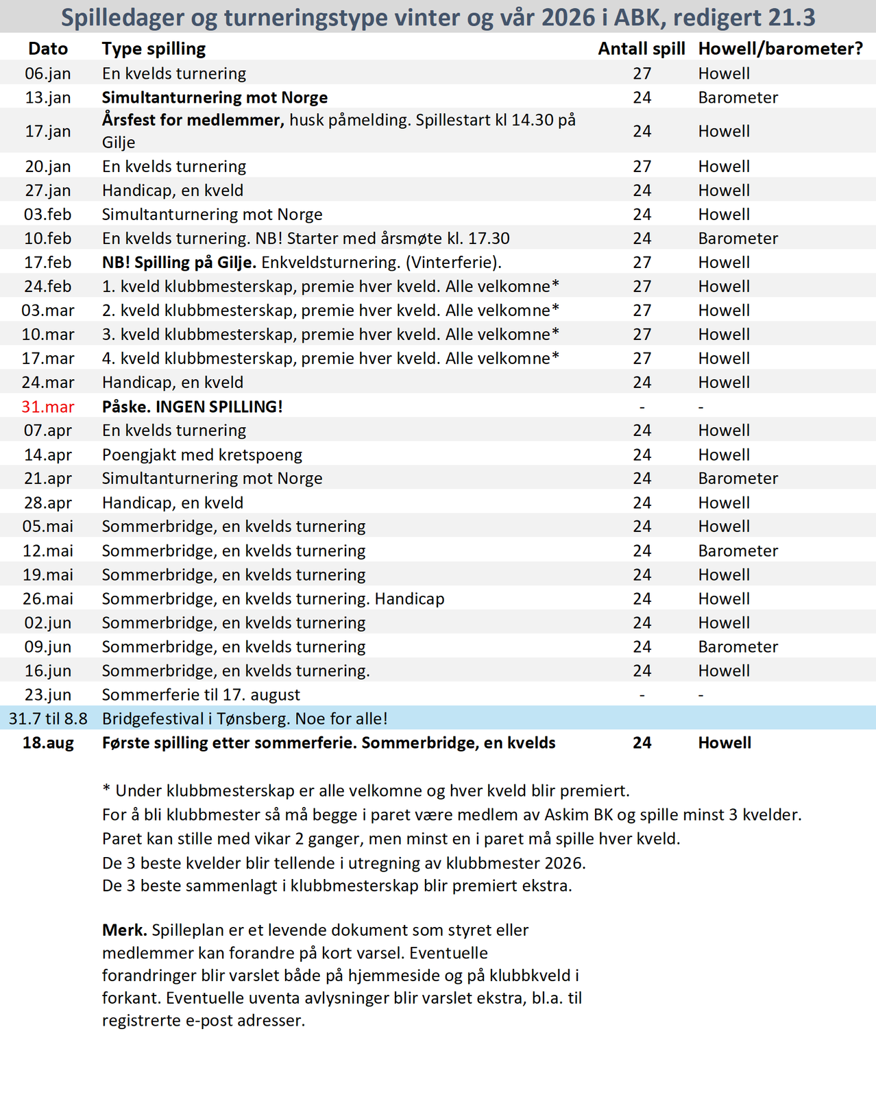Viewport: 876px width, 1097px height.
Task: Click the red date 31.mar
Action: pos(48,407)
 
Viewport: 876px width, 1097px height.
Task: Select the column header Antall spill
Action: pos(642,49)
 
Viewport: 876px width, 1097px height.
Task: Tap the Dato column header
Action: pos(48,49)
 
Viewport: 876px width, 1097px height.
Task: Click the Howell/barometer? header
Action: pos(780,49)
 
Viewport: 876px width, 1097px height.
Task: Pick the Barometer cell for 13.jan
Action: pos(738,97)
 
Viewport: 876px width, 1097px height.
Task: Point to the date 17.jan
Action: pos(48,131)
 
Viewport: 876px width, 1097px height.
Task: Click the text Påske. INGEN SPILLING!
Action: pos(193,407)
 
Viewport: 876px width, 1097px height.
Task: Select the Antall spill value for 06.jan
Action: pos(642,73)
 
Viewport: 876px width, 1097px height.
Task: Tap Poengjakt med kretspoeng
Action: pos(202,455)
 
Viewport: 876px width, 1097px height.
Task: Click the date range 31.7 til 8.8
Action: pos(48,719)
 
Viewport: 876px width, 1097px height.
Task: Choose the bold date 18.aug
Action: pos(48,743)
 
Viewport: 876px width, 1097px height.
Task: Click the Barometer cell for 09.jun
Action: pos(738,647)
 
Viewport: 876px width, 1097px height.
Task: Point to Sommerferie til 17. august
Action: pos(201,695)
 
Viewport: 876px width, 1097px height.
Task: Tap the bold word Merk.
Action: pos(124,930)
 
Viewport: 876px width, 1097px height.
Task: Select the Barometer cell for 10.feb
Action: pos(738,239)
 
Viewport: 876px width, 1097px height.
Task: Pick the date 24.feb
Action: pos(48,287)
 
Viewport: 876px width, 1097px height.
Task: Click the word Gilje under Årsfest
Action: pos(119,143)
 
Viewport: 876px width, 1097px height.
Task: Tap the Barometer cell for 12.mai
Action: pos(738,551)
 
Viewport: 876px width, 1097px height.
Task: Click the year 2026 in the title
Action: pos(568,17)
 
